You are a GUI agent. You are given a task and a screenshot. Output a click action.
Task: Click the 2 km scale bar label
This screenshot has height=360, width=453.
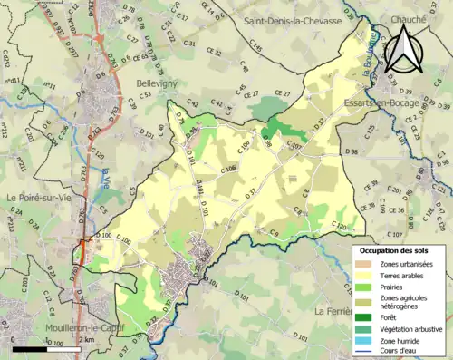pos(86,339)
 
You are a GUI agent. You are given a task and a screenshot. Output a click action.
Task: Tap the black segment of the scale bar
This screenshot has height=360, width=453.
pos(32,348)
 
